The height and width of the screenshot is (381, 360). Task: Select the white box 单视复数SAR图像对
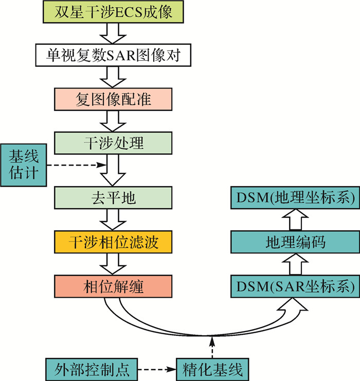(x=113, y=55)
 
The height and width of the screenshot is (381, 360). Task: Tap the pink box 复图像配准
(x=113, y=99)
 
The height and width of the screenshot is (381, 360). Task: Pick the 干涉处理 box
(x=113, y=142)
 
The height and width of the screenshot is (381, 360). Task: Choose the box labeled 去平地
(x=113, y=198)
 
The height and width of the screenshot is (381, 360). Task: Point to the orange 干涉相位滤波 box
(x=113, y=242)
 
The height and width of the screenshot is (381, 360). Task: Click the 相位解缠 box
(x=113, y=286)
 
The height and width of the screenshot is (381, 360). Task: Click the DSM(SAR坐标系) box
(x=293, y=286)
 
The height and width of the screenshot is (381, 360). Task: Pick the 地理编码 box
(x=293, y=242)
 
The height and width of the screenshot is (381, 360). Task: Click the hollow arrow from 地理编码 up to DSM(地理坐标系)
(x=293, y=220)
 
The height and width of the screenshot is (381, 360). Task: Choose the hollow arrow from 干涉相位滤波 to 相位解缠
(x=113, y=264)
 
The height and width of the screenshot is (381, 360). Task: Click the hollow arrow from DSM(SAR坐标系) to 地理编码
(x=293, y=264)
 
